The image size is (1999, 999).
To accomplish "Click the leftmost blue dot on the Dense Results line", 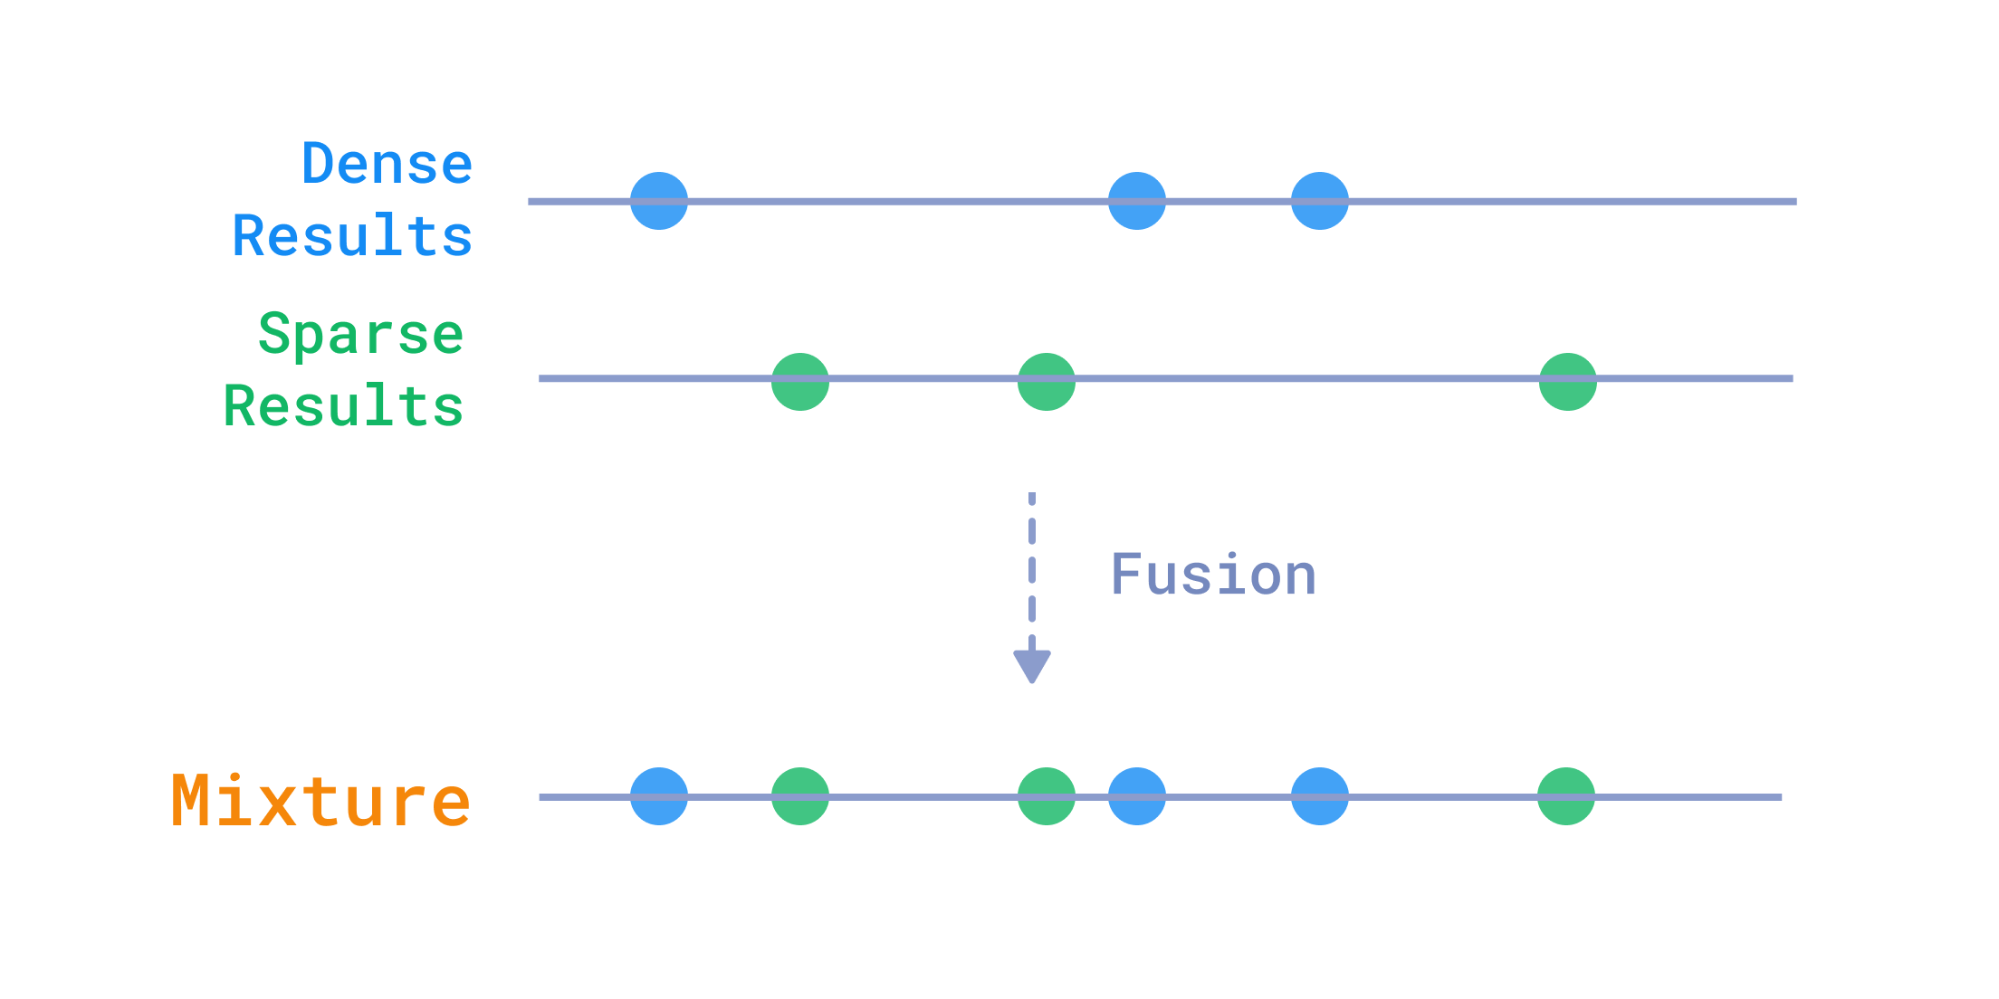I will click(659, 201).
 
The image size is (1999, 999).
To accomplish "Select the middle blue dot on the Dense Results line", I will click(1137, 201).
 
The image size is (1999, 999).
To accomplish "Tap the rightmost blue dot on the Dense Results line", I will click(1320, 201).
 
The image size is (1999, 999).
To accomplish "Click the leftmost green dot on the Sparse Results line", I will click(800, 382).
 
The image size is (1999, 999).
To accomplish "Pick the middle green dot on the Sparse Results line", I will click(1047, 382).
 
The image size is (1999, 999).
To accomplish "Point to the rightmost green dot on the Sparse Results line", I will click(1568, 382).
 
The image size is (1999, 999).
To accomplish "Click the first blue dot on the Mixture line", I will click(659, 796).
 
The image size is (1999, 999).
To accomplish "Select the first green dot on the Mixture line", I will click(800, 796).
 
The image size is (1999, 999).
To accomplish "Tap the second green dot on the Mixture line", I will click(1047, 796).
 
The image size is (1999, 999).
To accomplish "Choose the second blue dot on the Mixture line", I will click(1137, 796).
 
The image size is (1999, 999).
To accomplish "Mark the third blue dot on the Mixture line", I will click(1320, 796).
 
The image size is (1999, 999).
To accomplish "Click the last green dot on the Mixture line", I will click(1566, 796).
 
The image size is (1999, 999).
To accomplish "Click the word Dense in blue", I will click(387, 165).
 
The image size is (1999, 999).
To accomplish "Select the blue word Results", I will click(353, 236).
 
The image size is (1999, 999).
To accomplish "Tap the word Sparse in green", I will click(361, 335).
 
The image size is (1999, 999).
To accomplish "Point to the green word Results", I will click(344, 405).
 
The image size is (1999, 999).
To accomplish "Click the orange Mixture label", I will click(320, 802).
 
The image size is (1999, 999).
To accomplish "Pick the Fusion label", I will click(1213, 576).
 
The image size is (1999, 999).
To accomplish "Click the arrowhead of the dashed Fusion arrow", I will click(1032, 665).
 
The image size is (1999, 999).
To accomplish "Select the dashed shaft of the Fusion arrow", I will click(1032, 570).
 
